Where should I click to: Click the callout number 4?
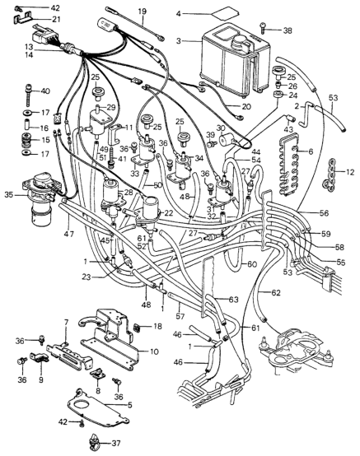click(x=179, y=13)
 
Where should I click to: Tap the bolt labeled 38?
click(x=264, y=28)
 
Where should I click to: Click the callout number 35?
click(x=10, y=194)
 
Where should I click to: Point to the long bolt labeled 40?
click(x=28, y=95)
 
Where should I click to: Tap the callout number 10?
click(x=154, y=351)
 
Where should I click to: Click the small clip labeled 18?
click(x=137, y=328)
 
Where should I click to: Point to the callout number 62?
click(x=275, y=292)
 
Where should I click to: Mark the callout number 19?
click(x=142, y=12)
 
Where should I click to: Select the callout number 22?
click(x=169, y=213)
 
